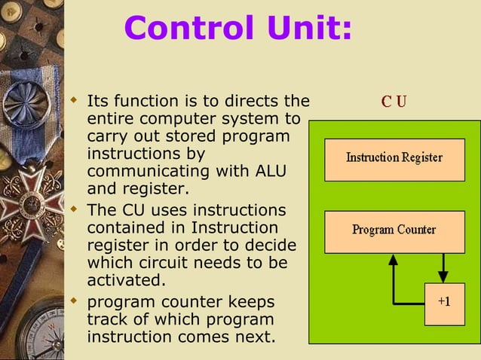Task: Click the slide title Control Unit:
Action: tap(237, 28)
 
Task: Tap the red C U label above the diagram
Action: tap(393, 102)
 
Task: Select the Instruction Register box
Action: tap(394, 158)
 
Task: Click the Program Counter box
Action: tap(394, 230)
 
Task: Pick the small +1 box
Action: tap(444, 303)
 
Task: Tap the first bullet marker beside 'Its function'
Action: tap(74, 99)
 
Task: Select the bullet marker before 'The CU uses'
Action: tap(74, 208)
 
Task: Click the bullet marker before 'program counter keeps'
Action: tap(74, 301)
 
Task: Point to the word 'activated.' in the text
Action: tap(125, 280)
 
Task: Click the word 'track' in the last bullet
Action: tap(106, 319)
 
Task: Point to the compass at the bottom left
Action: tap(38, 331)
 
